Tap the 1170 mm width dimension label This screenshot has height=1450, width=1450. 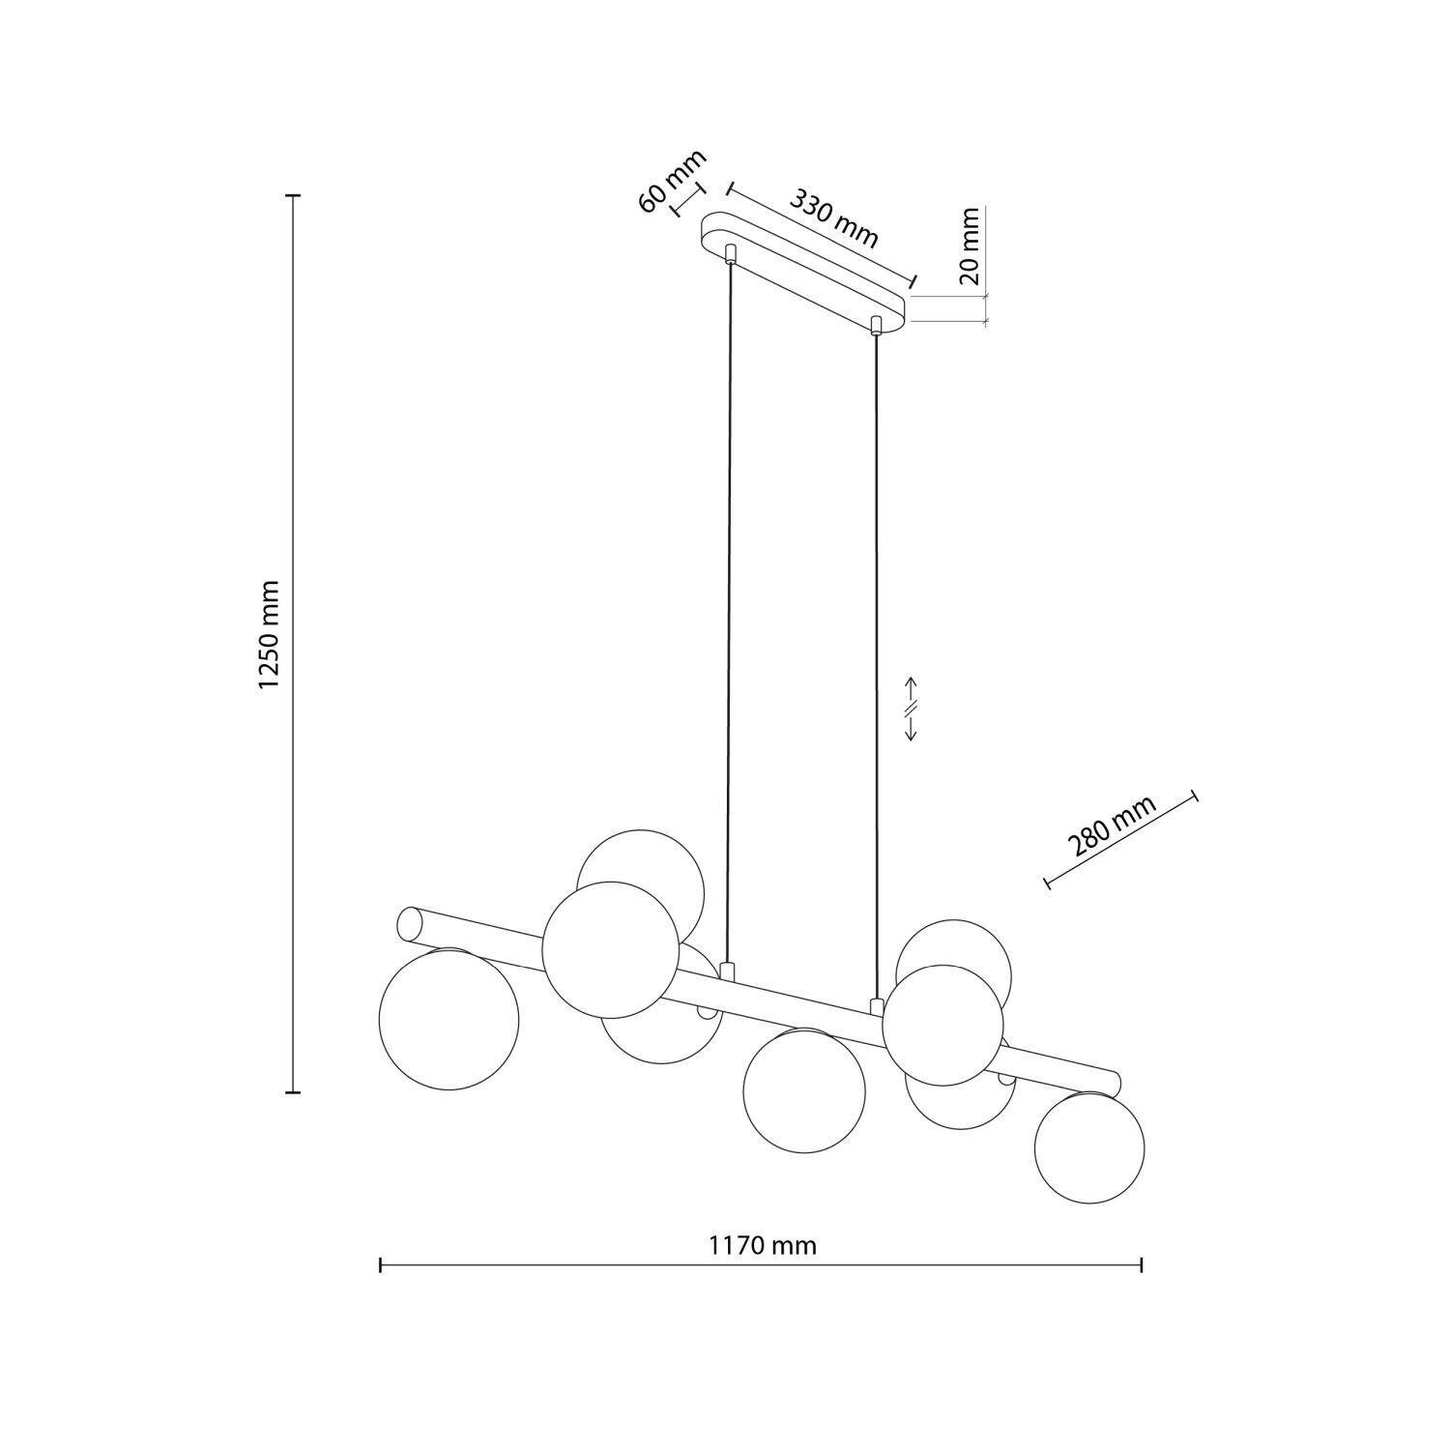point(762,1245)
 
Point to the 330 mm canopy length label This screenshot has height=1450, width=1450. point(834,217)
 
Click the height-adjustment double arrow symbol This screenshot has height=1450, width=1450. point(911,709)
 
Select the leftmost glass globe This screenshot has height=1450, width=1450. point(449,1019)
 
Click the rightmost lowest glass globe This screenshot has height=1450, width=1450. point(1089,1147)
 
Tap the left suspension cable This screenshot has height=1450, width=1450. point(729,619)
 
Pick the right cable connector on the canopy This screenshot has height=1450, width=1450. point(876,324)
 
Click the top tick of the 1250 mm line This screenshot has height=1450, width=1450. point(294,195)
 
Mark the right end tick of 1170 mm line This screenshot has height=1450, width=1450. point(1143,1264)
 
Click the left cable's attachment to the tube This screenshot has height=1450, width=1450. point(728,971)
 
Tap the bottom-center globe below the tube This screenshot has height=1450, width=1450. point(804,1089)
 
